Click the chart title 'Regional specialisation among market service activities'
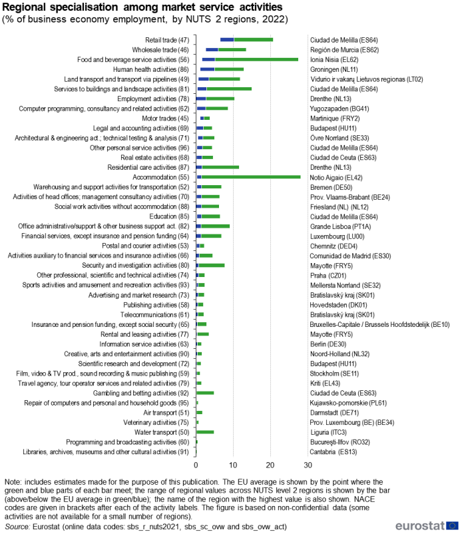[x=142, y=7]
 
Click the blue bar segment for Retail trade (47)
[x=227, y=39]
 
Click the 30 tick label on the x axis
[x=308, y=465]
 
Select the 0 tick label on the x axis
[x=196, y=465]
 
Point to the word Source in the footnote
[x=17, y=526]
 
